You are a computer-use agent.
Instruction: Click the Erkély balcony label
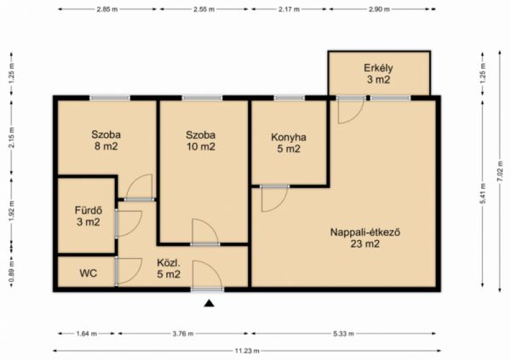(x=378, y=68)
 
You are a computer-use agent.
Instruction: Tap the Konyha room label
(x=289, y=137)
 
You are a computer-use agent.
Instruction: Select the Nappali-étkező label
(x=365, y=232)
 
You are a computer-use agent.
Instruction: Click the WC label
(x=88, y=273)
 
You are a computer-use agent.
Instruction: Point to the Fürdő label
(x=89, y=210)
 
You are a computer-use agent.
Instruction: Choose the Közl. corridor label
(x=169, y=263)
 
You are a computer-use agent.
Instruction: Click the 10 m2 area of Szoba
(x=201, y=146)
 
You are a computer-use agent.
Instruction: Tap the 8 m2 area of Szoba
(x=106, y=146)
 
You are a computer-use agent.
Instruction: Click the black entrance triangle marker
(x=210, y=303)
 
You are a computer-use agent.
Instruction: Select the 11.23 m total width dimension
(x=247, y=351)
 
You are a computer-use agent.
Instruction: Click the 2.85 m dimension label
(x=107, y=9)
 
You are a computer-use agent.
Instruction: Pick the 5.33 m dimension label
(x=343, y=334)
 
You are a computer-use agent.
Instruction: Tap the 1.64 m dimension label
(x=86, y=334)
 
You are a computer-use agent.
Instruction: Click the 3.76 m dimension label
(x=182, y=334)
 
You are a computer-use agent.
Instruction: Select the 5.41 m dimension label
(x=483, y=193)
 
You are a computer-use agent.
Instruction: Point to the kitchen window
(x=289, y=98)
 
